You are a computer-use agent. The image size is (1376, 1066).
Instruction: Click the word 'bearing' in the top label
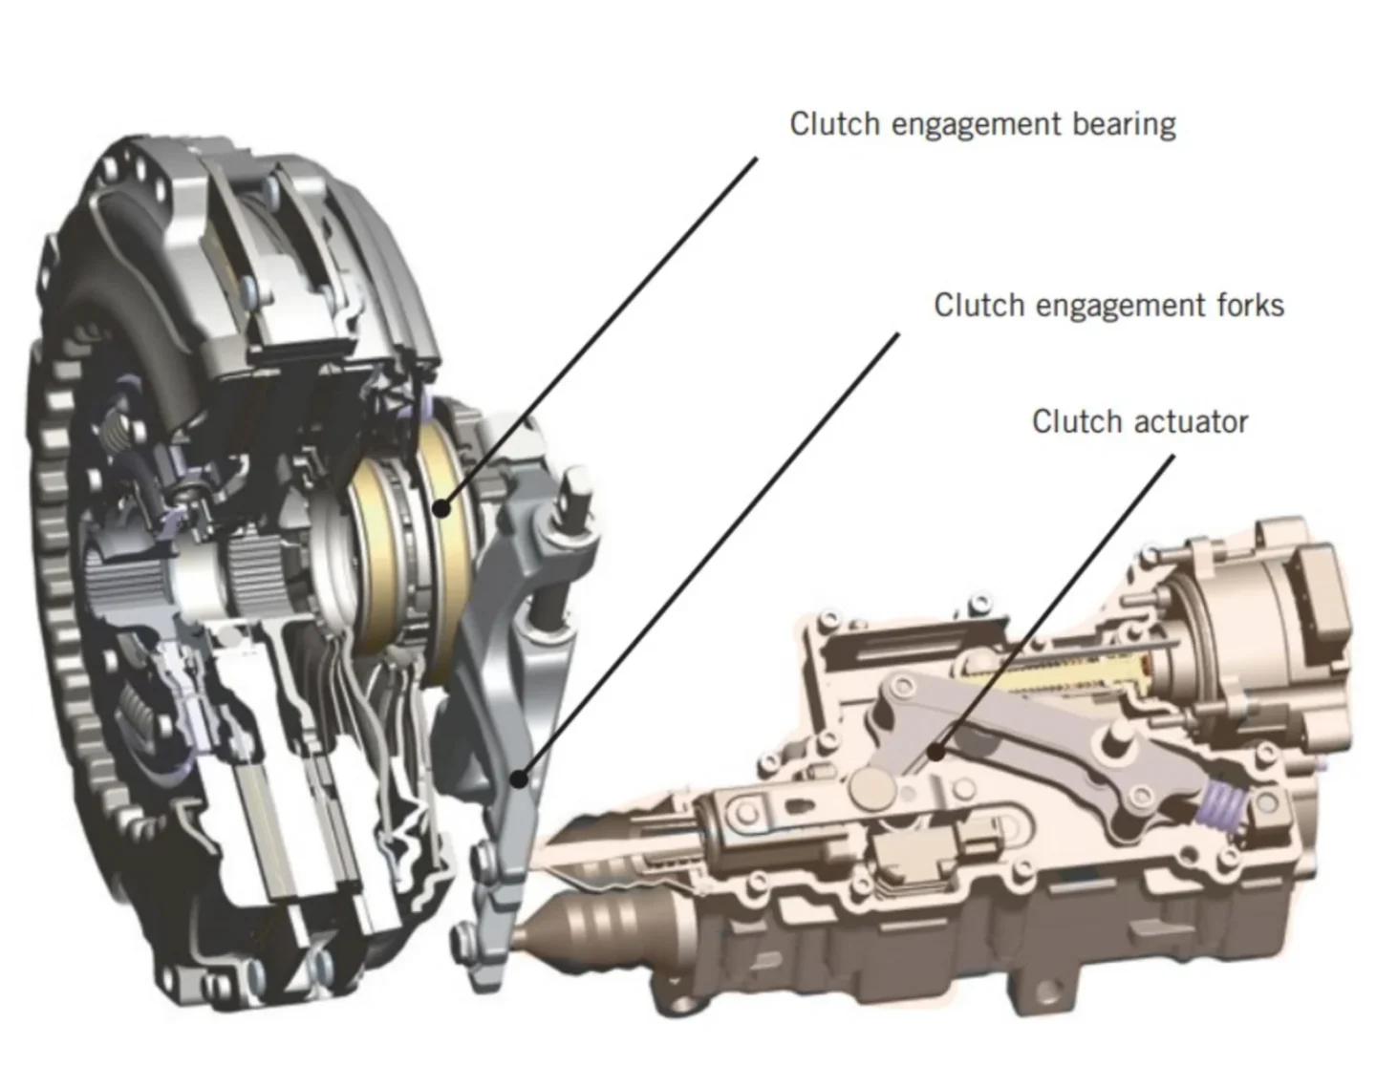pos(1124,124)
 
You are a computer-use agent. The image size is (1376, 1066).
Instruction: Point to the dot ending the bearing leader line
pos(442,507)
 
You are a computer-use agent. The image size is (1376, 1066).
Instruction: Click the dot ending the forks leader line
pos(519,778)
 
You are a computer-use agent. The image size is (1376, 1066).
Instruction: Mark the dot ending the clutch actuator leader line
pos(935,753)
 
